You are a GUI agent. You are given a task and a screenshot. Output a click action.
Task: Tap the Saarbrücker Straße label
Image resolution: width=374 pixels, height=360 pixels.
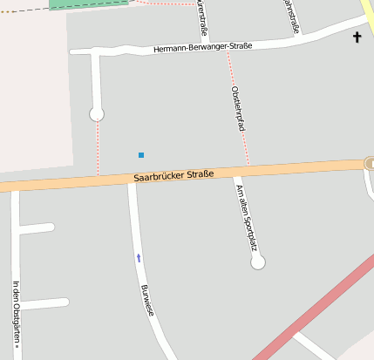click(174, 176)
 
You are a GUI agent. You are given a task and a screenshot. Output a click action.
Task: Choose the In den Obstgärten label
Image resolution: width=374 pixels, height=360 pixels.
click(16, 313)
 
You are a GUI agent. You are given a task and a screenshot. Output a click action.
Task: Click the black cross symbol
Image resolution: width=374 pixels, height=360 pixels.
click(357, 37)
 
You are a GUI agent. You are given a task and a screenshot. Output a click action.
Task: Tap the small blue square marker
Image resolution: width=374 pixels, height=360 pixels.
click(141, 155)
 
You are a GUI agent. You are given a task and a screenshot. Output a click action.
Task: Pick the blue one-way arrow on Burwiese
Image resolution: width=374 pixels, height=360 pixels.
click(138, 257)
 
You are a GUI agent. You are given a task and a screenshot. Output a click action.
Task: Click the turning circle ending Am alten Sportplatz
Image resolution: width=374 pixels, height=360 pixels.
click(257, 262)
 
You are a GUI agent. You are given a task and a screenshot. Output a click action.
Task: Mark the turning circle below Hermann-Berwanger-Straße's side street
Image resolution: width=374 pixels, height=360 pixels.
click(97, 114)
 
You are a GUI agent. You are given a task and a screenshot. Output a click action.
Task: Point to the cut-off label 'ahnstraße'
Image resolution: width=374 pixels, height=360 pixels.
click(291, 15)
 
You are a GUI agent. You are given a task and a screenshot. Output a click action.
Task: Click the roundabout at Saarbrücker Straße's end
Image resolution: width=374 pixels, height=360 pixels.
click(370, 163)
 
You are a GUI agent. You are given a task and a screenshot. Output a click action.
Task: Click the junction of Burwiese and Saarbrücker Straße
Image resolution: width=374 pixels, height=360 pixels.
click(132, 180)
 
